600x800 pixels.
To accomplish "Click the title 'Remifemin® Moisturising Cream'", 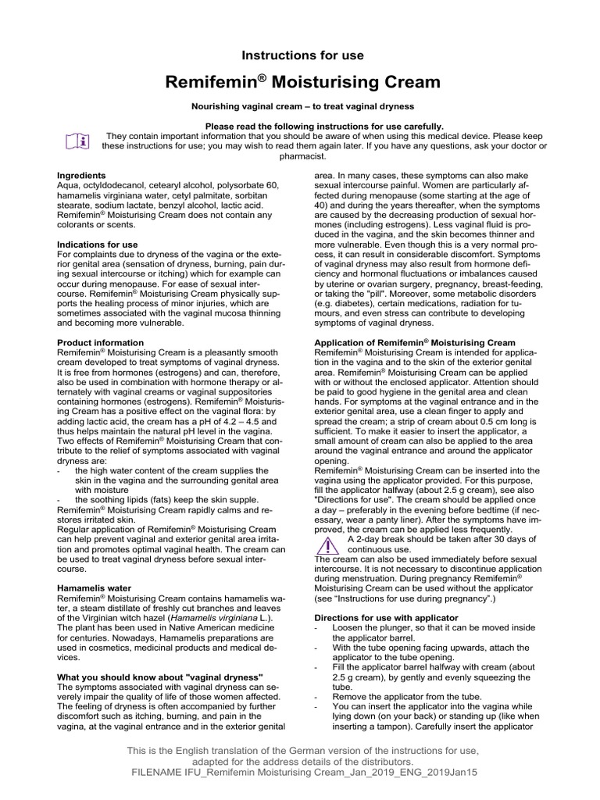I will tap(302, 82).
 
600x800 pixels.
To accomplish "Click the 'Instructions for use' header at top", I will tap(302, 55).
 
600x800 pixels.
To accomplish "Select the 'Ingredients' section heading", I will tap(82, 175).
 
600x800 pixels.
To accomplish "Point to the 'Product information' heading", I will tap(101, 343).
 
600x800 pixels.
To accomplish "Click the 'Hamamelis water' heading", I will tap(95, 587).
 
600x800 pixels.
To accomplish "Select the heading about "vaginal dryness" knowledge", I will tap(160, 676).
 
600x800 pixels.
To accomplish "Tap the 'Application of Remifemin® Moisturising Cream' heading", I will tap(414, 343).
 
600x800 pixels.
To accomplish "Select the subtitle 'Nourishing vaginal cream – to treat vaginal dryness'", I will tap(302, 106).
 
